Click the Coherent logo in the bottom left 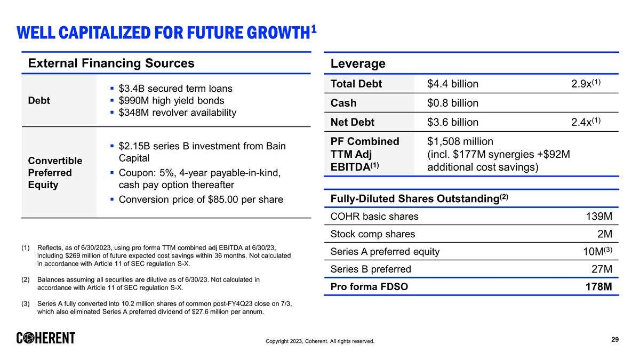coord(46,338)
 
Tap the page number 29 coord(615,340)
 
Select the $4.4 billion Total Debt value coord(453,84)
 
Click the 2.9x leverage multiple coord(586,84)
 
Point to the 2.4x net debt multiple coord(586,122)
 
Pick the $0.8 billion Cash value coord(453,103)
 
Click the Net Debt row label coord(353,122)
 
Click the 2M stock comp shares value coord(604,234)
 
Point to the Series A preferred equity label coord(385,251)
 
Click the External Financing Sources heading coord(111,63)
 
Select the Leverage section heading coord(358,64)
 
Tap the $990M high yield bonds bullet coord(171,100)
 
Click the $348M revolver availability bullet coord(177,113)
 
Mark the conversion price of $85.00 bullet coord(201,199)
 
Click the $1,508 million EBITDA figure coord(460,141)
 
